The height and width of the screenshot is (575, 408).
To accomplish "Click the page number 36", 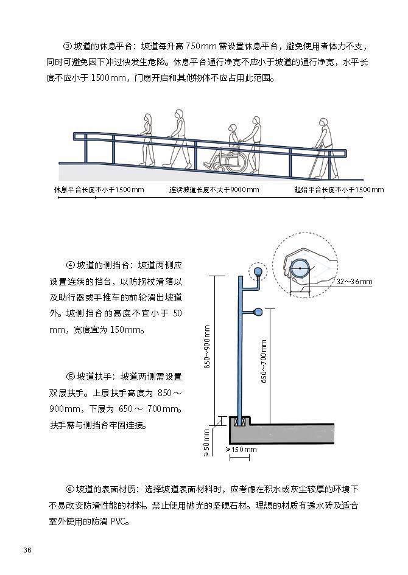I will point(27,550).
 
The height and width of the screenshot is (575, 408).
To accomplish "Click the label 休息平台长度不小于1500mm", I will point(100,190).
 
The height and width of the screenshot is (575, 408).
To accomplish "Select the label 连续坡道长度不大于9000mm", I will point(214,190).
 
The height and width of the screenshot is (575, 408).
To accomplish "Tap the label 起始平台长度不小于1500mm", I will point(339,190).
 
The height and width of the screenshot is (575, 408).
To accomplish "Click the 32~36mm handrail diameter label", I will point(354,282).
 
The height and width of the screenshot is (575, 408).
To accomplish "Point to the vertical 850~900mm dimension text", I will point(207,347).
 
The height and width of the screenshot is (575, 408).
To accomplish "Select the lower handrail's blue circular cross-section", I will point(258,313).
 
